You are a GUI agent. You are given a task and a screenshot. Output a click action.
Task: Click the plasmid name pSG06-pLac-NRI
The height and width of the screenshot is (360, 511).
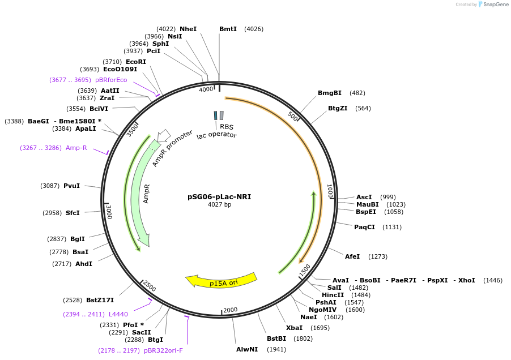tap(219, 197)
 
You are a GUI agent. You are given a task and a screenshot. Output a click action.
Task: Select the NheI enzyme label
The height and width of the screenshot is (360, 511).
tap(188, 29)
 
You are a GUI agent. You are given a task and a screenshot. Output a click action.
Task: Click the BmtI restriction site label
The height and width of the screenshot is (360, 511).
tap(228, 29)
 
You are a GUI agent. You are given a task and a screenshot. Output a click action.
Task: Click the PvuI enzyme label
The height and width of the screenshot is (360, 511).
tap(71, 186)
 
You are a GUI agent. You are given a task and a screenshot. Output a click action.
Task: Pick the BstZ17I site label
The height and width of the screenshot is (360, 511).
tap(100, 300)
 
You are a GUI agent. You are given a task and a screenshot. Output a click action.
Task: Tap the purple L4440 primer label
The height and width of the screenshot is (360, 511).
tap(118, 314)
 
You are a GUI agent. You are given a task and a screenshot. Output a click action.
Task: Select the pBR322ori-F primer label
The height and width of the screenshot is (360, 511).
tap(164, 350)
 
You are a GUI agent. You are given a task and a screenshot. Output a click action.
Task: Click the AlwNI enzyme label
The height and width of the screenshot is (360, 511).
tap(247, 349)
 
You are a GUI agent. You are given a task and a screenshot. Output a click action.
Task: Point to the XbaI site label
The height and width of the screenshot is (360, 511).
tap(294, 328)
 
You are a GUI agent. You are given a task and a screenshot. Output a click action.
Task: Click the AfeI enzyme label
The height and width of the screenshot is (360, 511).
tap(352, 256)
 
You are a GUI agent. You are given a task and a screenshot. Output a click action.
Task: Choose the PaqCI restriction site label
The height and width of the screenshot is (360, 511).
tap(364, 227)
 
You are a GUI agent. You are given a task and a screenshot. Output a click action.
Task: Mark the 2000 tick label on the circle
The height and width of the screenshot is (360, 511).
tap(230, 310)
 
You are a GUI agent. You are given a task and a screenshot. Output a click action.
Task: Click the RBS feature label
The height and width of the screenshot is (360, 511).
tap(227, 127)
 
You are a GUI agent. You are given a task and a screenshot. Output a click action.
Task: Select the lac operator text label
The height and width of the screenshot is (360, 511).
tap(216, 135)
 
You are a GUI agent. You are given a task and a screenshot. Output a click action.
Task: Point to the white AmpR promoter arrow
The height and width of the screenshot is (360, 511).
tap(164, 135)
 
